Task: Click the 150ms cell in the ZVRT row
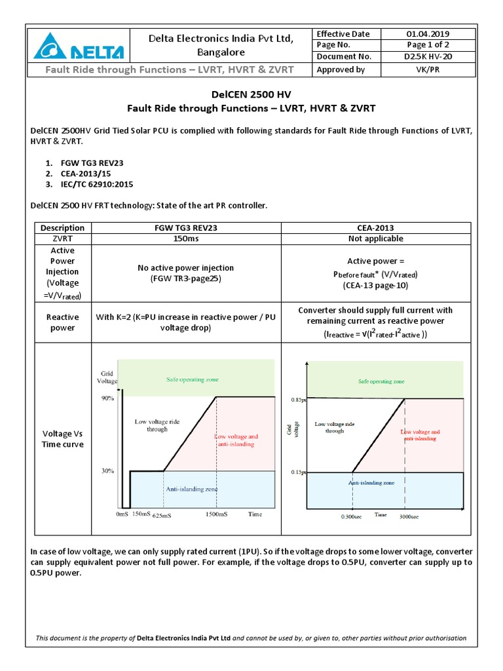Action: [x=186, y=239]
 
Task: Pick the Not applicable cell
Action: [x=375, y=239]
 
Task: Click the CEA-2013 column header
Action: [x=375, y=227]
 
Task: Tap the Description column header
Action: [x=62, y=227]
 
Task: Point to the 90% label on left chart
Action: [x=108, y=398]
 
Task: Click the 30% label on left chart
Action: [x=108, y=470]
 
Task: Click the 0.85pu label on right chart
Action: [x=298, y=399]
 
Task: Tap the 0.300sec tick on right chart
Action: [x=352, y=516]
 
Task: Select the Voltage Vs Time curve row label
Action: [x=62, y=439]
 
